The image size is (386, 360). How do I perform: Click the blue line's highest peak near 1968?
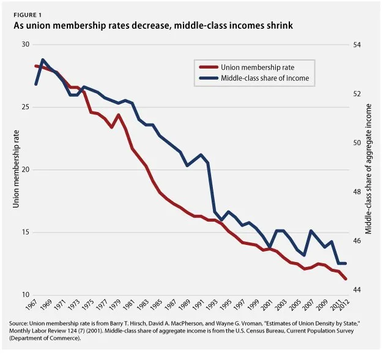point(43,60)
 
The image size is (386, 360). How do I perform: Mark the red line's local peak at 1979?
point(119,114)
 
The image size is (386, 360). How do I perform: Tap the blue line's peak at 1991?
point(201,154)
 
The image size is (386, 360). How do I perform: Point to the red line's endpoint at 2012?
point(346,279)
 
